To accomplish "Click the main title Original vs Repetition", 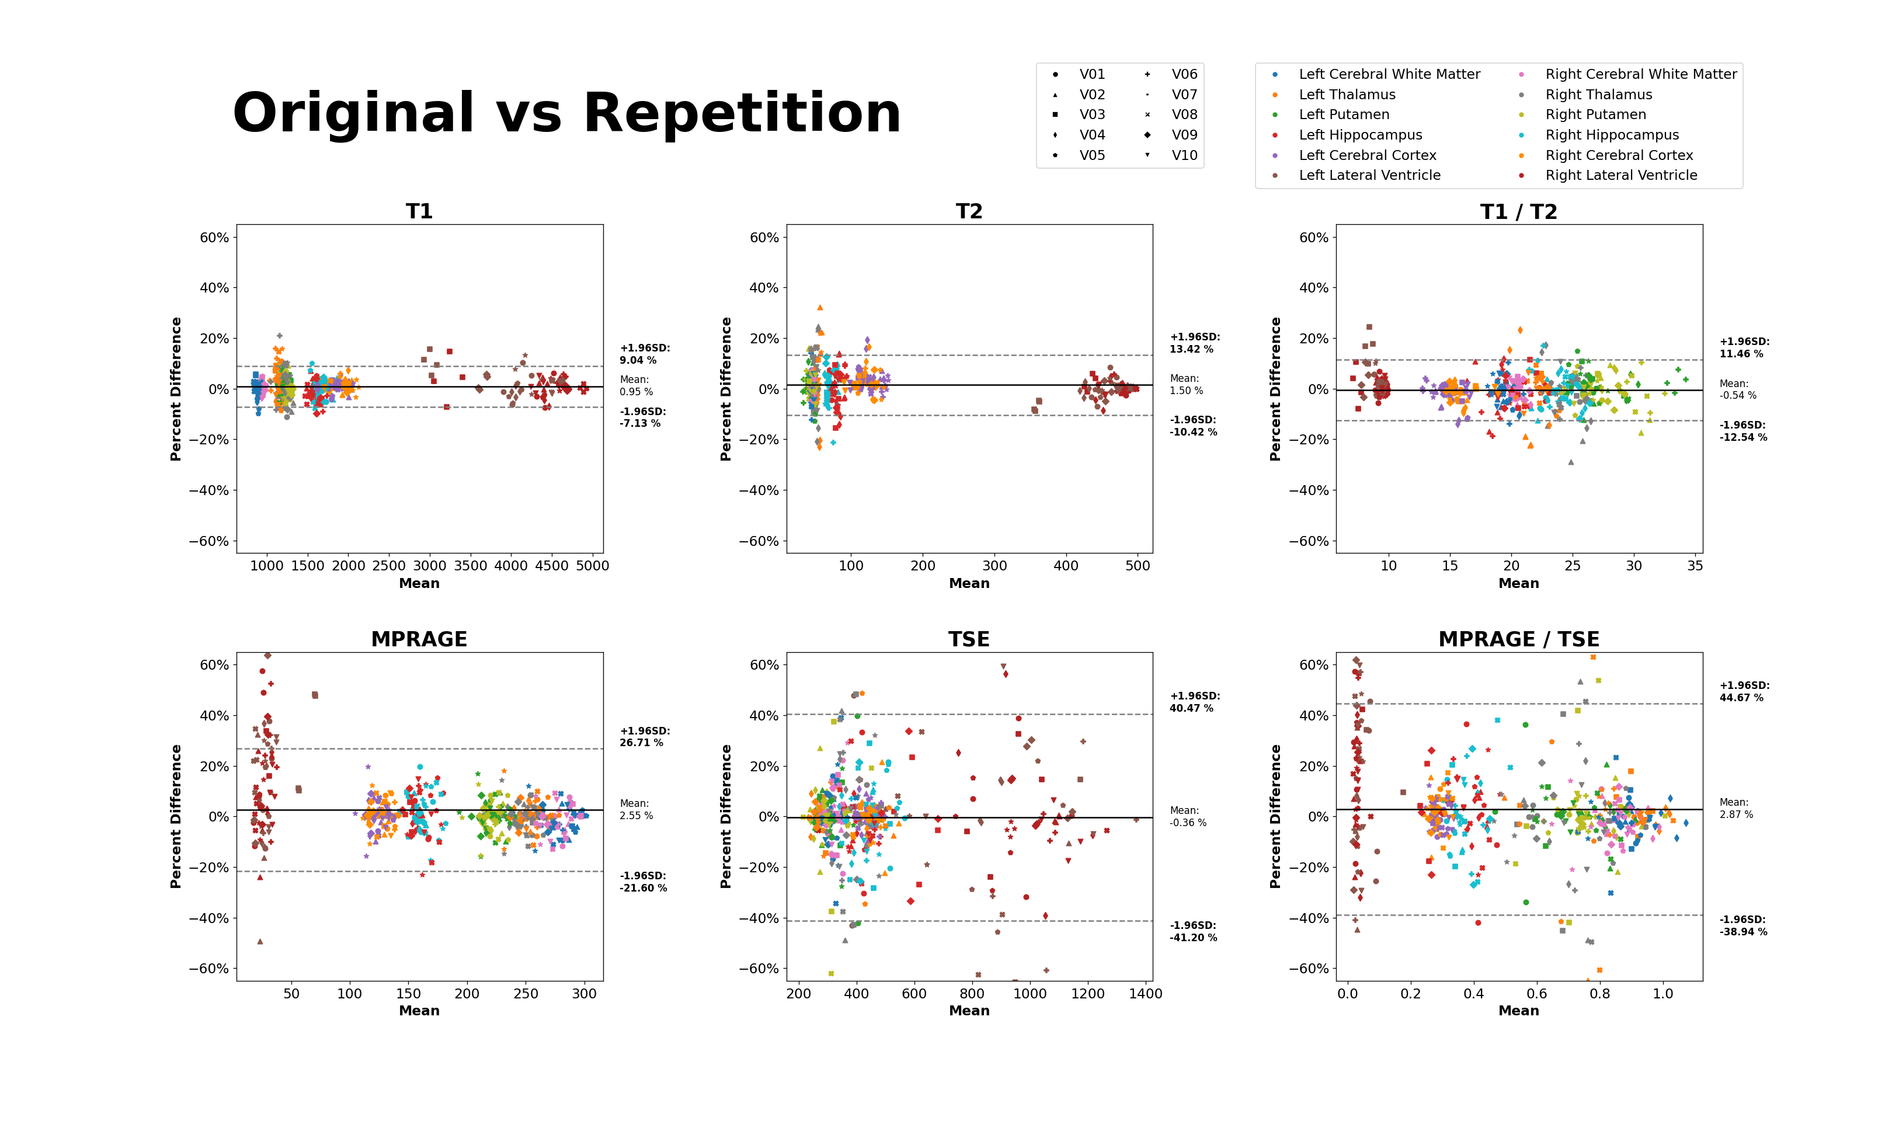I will [x=566, y=113].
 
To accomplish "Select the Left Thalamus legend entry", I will [x=1347, y=95].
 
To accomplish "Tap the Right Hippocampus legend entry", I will [x=1612, y=135].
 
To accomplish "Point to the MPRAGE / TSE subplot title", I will [x=1518, y=639].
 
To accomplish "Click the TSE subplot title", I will [x=969, y=639].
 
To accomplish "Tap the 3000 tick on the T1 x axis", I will [x=430, y=566].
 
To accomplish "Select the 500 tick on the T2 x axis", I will [x=1138, y=566].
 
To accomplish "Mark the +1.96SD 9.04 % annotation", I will [x=644, y=354].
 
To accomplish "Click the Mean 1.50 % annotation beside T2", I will [x=1186, y=385].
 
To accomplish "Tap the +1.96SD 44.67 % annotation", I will [x=1744, y=691].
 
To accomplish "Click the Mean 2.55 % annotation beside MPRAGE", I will [x=636, y=809].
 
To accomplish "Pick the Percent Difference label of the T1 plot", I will [x=176, y=388].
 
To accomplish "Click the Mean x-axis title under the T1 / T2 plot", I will [x=1518, y=583].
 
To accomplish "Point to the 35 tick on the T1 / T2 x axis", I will [x=1695, y=566].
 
